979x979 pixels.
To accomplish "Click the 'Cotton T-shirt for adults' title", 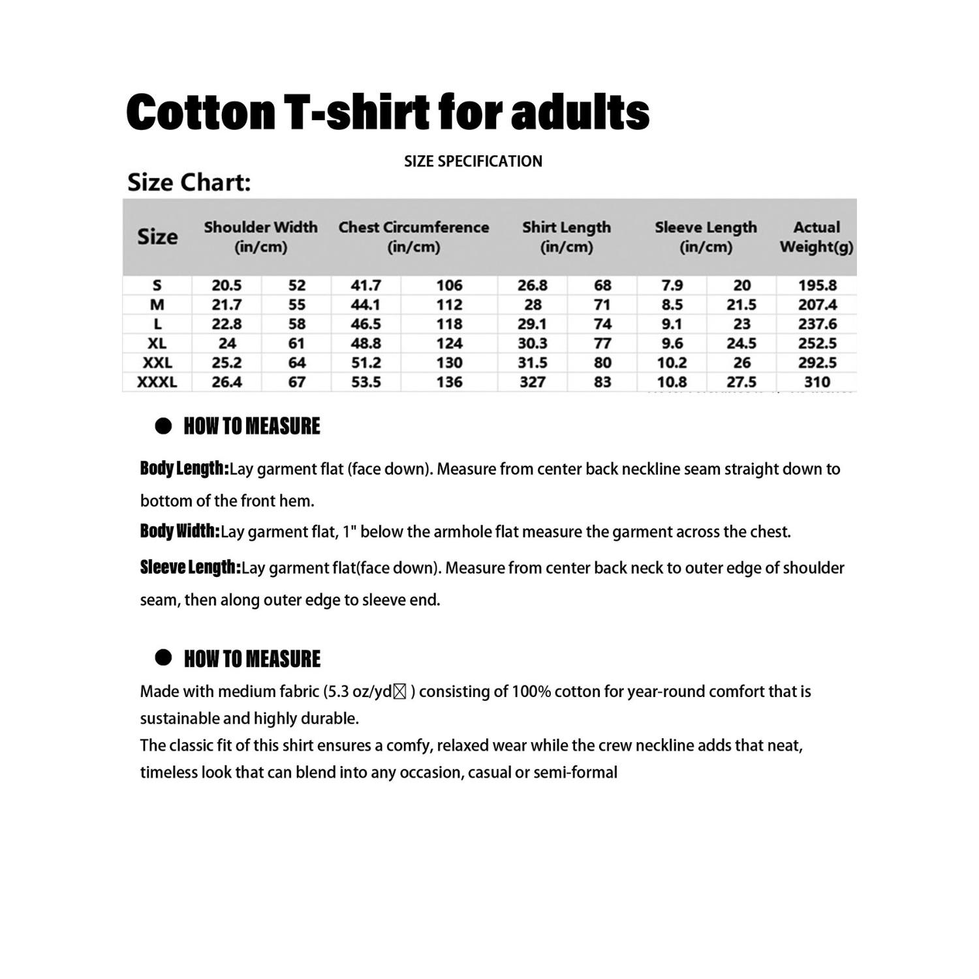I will [388, 112].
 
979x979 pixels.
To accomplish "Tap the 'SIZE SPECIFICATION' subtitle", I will [473, 161].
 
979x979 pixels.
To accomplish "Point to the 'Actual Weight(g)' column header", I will [816, 236].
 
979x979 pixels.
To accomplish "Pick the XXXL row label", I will [157, 382].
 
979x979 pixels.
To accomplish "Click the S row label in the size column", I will [157, 285].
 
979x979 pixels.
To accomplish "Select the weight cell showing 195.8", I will [817, 285].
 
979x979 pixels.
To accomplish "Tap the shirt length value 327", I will [533, 382].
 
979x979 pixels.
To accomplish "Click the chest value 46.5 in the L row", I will [365, 324].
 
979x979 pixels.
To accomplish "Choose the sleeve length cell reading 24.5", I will [741, 343].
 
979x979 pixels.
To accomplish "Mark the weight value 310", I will [817, 382].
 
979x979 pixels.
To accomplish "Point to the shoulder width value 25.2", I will [226, 363].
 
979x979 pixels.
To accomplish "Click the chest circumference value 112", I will [449, 305].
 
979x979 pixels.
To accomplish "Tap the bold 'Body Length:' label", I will [184, 469].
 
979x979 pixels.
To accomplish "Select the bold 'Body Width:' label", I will [179, 531].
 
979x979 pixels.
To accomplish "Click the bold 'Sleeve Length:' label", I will [190, 568].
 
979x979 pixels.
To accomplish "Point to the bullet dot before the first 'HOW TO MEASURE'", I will [163, 426].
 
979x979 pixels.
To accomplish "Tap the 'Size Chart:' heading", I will [189, 182].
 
